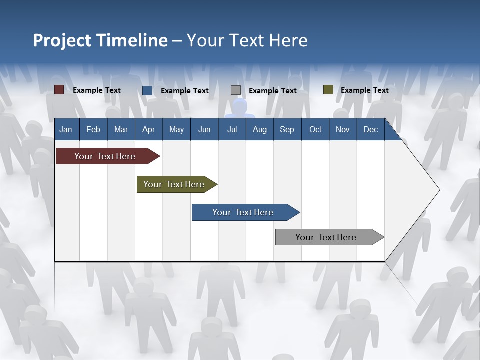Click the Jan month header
pos(66,129)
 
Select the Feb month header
pos(93,129)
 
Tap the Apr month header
pos(148,129)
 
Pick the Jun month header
pos(204,129)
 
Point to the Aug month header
pos(260,129)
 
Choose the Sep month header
pos(287,129)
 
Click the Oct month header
pos(315,129)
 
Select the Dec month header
pos(371,129)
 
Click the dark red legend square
pos(59,90)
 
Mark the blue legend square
pos(147,90)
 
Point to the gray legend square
pos(236,90)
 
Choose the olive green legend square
pos(328,90)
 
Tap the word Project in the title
pos(61,40)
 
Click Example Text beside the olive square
pos(364,90)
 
